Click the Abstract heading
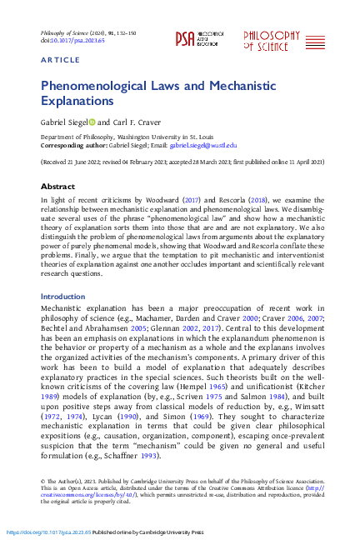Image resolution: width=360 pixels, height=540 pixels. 58,187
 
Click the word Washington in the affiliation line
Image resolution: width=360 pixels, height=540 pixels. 134,135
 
